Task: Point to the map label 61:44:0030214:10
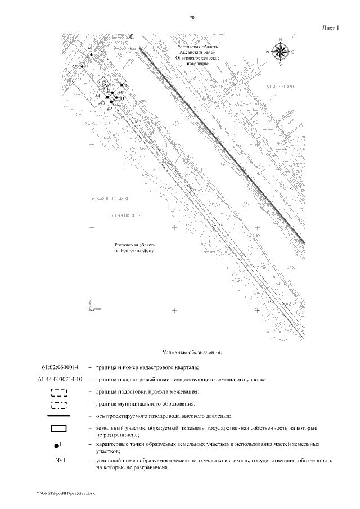click(x=110, y=199)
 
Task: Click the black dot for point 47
click(x=121, y=87)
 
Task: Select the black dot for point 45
click(x=82, y=66)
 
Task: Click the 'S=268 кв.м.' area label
click(x=125, y=48)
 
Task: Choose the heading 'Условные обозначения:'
click(x=192, y=353)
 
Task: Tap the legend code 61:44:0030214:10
click(x=60, y=379)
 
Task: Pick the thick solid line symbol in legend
click(x=58, y=416)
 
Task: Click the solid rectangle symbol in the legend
click(x=58, y=429)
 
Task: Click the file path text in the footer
click(x=66, y=493)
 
